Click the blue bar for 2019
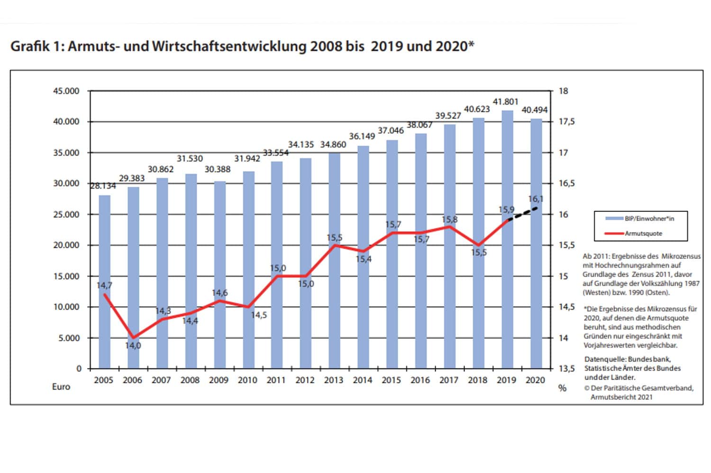point(507,284)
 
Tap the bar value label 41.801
point(506,101)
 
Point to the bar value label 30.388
point(218,169)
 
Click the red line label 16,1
point(536,199)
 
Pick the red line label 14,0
point(133,346)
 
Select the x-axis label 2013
point(334,380)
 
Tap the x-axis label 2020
point(535,380)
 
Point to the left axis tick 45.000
point(66,91)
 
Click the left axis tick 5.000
point(69,338)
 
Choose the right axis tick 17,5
point(566,122)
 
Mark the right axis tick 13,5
point(566,369)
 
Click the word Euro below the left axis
point(61,387)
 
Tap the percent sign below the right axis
point(562,388)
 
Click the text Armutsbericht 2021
point(621,397)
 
